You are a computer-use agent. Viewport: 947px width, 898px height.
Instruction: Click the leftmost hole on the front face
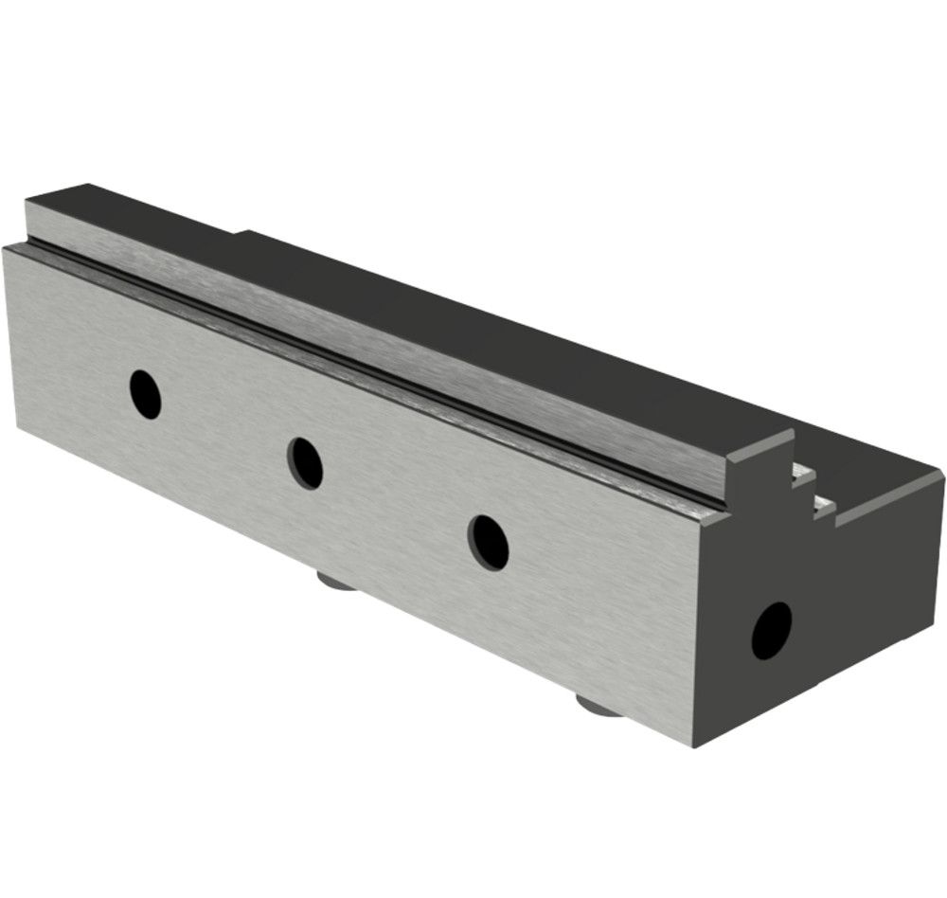pyautogui.click(x=145, y=394)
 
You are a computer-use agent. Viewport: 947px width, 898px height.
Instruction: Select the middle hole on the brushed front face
pyautogui.click(x=305, y=462)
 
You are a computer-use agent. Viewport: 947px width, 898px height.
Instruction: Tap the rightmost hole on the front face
pyautogui.click(x=488, y=543)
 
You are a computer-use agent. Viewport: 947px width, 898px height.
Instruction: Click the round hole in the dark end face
pyautogui.click(x=771, y=631)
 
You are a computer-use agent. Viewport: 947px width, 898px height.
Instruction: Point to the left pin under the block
pyautogui.click(x=335, y=579)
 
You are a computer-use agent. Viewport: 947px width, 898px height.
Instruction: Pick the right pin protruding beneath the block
pyautogui.click(x=599, y=705)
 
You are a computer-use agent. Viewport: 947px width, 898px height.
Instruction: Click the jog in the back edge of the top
pyautogui.click(x=240, y=231)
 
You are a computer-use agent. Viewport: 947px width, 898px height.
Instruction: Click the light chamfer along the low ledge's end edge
pyautogui.click(x=890, y=501)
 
